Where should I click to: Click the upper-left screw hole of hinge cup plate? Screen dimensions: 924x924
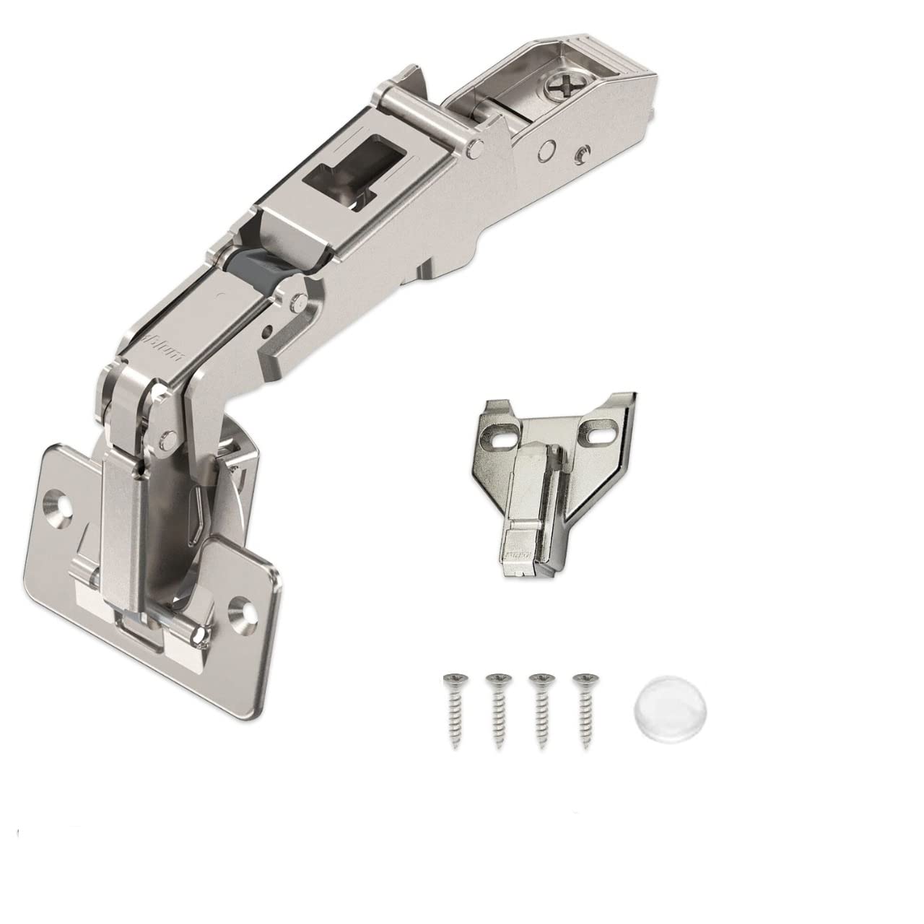coord(57,499)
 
